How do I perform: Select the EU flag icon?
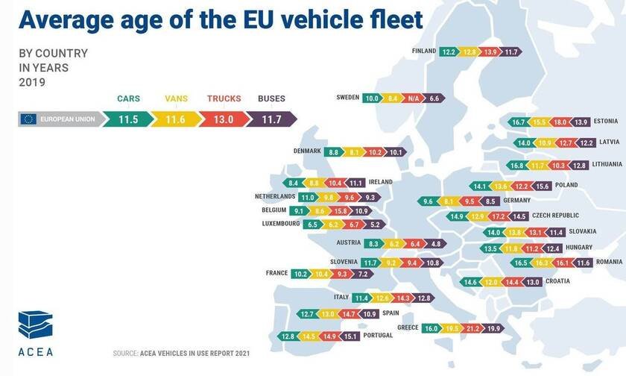click(x=30, y=118)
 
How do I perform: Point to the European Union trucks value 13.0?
click(x=223, y=118)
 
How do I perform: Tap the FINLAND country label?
click(x=423, y=51)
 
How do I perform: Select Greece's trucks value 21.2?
click(x=472, y=328)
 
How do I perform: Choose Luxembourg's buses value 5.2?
click(x=375, y=224)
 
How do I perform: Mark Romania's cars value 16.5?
click(x=521, y=263)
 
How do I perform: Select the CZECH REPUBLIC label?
click(x=556, y=216)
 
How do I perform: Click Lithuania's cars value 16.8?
click(x=516, y=165)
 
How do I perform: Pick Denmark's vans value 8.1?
click(x=354, y=151)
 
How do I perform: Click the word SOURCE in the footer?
click(x=125, y=353)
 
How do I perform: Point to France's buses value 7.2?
click(x=363, y=274)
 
